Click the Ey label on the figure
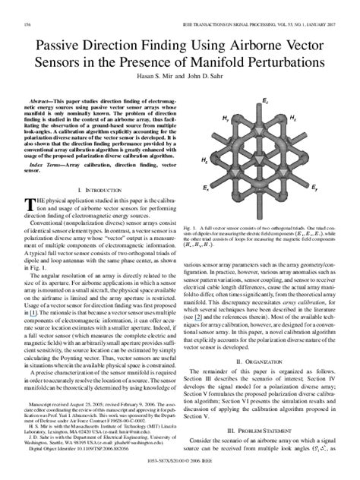pos(315,185)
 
